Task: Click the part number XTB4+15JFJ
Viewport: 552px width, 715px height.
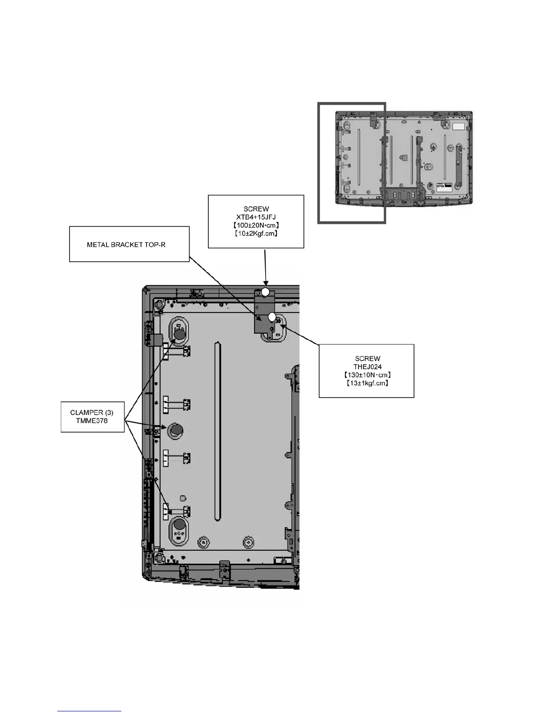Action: [256, 217]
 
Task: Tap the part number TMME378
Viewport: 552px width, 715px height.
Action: [92, 421]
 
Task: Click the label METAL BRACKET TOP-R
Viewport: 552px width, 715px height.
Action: [126, 245]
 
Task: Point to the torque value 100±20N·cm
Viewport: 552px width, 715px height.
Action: [256, 225]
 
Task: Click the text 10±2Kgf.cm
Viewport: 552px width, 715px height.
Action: [256, 233]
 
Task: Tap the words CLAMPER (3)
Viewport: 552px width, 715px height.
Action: [92, 413]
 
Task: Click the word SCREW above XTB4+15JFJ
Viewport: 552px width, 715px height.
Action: [256, 209]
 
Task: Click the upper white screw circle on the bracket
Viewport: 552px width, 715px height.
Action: [266, 292]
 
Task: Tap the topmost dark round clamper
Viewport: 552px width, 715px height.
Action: [179, 335]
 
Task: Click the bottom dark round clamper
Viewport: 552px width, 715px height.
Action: [179, 524]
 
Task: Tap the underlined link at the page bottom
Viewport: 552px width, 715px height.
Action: [89, 712]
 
